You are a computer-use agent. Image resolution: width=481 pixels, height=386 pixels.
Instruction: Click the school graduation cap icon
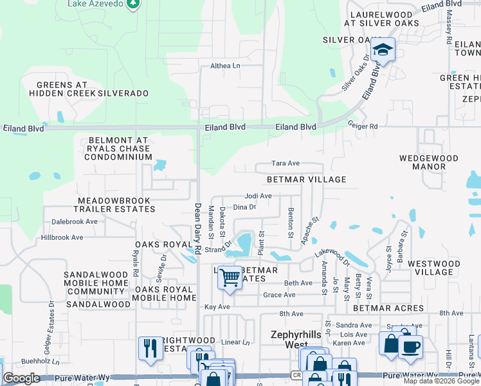(383, 50)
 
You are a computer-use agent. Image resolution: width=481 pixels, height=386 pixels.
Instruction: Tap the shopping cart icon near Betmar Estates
(230, 278)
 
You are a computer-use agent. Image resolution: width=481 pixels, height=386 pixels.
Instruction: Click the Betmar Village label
(306, 179)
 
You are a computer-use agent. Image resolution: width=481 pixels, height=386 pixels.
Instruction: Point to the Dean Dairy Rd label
(198, 225)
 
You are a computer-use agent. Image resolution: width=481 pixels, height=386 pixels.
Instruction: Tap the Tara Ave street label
(286, 164)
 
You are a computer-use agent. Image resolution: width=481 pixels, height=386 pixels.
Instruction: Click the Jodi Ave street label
(258, 196)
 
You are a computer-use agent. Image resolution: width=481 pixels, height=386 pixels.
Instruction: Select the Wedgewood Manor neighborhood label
(422, 162)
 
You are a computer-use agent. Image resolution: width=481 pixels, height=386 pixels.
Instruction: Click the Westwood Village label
(434, 268)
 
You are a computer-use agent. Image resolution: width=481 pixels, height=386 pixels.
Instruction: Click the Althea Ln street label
(225, 66)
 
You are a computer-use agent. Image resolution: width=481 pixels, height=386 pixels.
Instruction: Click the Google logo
(21, 378)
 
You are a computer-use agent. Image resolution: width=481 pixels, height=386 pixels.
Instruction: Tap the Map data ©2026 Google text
(441, 381)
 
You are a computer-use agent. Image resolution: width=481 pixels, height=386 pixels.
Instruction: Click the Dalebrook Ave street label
(74, 221)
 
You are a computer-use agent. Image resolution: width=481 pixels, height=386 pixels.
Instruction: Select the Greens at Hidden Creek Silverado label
(89, 89)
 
